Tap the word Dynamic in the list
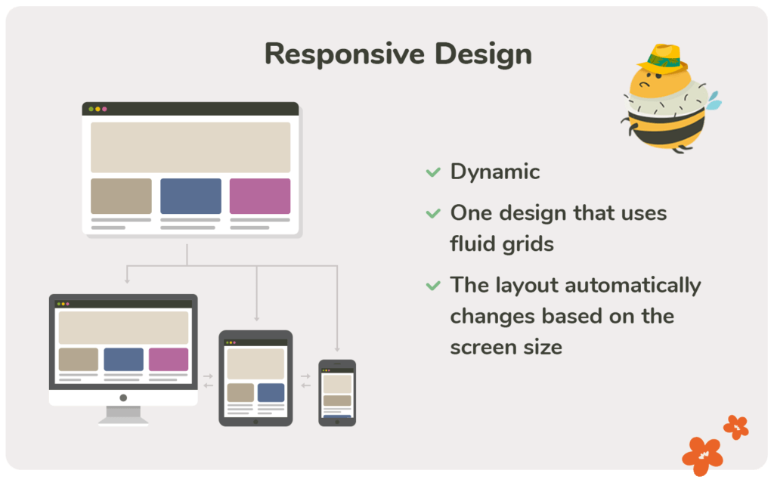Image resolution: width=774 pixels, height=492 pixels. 495,172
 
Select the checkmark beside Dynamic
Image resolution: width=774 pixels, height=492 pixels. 433,172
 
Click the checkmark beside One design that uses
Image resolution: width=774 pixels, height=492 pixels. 433,214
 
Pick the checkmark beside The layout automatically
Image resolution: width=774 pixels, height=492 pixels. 433,286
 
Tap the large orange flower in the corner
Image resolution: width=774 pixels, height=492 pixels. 702,455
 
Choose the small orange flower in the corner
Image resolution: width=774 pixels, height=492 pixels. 735,427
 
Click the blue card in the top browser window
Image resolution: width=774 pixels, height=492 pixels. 190,196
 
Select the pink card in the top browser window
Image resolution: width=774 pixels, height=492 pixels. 260,196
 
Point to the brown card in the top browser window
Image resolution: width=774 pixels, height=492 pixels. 121,196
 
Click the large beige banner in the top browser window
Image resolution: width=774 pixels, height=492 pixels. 190,147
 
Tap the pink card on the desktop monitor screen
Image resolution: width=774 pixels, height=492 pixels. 169,359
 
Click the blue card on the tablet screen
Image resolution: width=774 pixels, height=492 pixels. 271,392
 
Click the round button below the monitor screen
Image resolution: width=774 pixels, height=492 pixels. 123,398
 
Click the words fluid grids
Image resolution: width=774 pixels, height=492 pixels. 502,244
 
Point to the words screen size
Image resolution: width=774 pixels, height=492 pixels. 506,347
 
